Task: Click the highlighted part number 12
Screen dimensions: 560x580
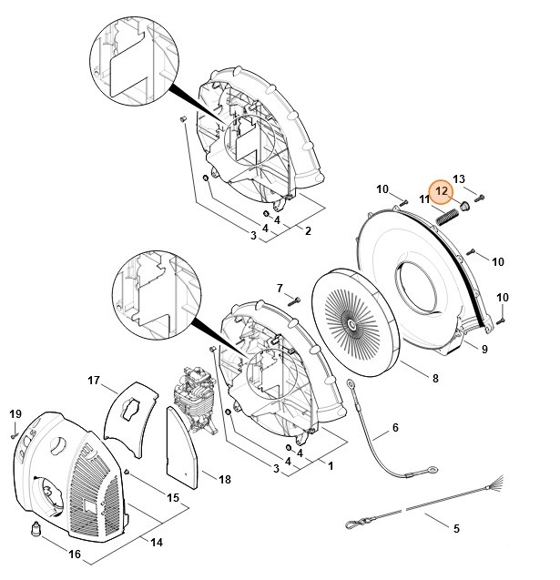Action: tap(442, 191)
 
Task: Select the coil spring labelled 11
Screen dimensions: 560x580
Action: tap(446, 217)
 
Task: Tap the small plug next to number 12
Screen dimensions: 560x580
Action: tap(464, 205)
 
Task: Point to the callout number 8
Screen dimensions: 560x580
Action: tap(435, 378)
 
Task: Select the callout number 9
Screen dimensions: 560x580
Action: tap(484, 349)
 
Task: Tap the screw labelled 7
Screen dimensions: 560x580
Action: tap(294, 301)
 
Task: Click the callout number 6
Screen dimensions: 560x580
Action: tap(395, 428)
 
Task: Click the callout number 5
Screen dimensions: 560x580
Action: tap(456, 528)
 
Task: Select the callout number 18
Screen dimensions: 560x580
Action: tap(225, 479)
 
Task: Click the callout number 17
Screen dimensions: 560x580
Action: tap(94, 380)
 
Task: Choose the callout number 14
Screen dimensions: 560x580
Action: tap(157, 543)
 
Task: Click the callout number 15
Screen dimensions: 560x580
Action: tap(173, 497)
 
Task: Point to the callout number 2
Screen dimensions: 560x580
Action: tap(308, 231)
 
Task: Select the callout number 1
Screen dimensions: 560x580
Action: tap(331, 466)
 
